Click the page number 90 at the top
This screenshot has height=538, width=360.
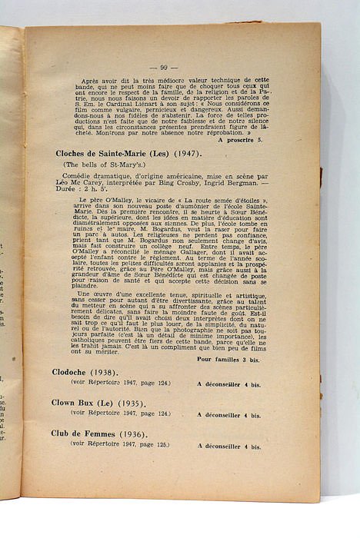point(169,67)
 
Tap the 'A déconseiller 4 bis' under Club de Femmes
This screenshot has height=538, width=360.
point(228,446)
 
